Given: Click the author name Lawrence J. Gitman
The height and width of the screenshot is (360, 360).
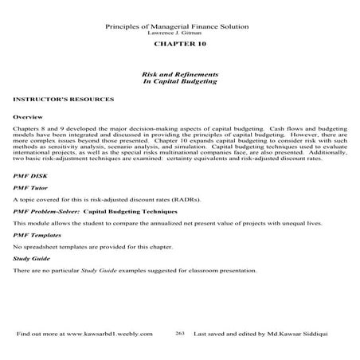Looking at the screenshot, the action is [178, 34].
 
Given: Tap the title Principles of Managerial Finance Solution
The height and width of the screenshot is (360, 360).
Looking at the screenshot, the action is [178, 27].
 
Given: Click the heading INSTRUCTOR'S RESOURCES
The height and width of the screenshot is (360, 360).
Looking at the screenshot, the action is [65, 100].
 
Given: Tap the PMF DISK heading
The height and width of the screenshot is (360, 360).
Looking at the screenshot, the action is [30, 173].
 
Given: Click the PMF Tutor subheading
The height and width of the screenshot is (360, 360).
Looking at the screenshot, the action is [30, 186].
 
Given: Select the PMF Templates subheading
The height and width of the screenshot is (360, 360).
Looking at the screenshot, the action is [37, 237].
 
